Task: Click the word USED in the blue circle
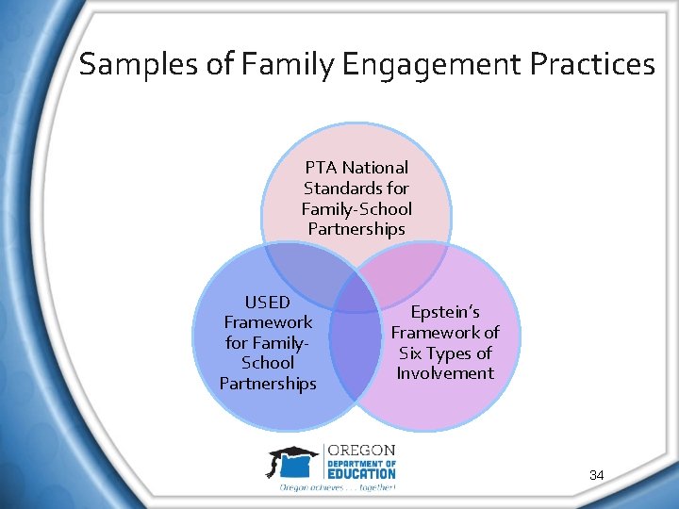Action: coord(268,303)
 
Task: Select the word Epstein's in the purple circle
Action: coord(445,312)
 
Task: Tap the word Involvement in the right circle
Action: coord(445,373)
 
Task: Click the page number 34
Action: coord(597,476)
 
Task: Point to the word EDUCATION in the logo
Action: coord(361,474)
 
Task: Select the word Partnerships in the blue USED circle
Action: coord(268,383)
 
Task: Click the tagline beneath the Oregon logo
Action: coord(338,487)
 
